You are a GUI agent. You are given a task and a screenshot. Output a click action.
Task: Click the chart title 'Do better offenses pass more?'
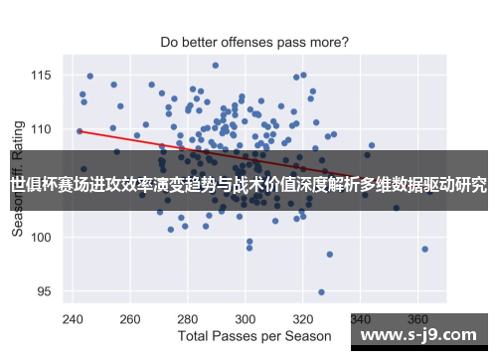254,43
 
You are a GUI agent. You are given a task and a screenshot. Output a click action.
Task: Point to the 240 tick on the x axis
72,319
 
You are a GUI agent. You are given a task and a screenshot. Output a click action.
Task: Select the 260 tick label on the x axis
129,319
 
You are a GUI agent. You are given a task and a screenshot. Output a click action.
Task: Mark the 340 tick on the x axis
364,319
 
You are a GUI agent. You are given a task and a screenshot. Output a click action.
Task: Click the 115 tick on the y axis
44,75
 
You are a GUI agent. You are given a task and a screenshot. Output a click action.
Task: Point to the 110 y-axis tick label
44,129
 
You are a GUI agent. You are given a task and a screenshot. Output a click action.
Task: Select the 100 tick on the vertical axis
44,237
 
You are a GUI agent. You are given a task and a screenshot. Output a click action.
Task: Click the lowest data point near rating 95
321,292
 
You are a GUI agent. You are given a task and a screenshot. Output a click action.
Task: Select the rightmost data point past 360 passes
424,249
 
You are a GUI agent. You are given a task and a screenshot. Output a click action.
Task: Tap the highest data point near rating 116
215,66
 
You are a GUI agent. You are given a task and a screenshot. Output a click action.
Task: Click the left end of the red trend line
79,130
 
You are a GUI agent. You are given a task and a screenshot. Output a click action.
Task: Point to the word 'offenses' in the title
241,43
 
